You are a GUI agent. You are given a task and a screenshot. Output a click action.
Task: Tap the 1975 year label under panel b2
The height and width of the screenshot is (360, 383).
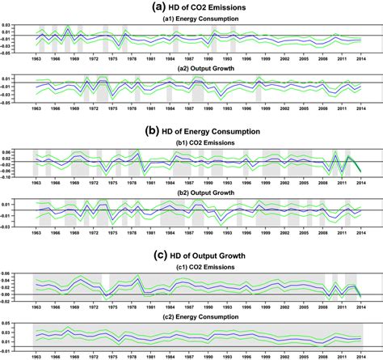pyautogui.click(x=114, y=235)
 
